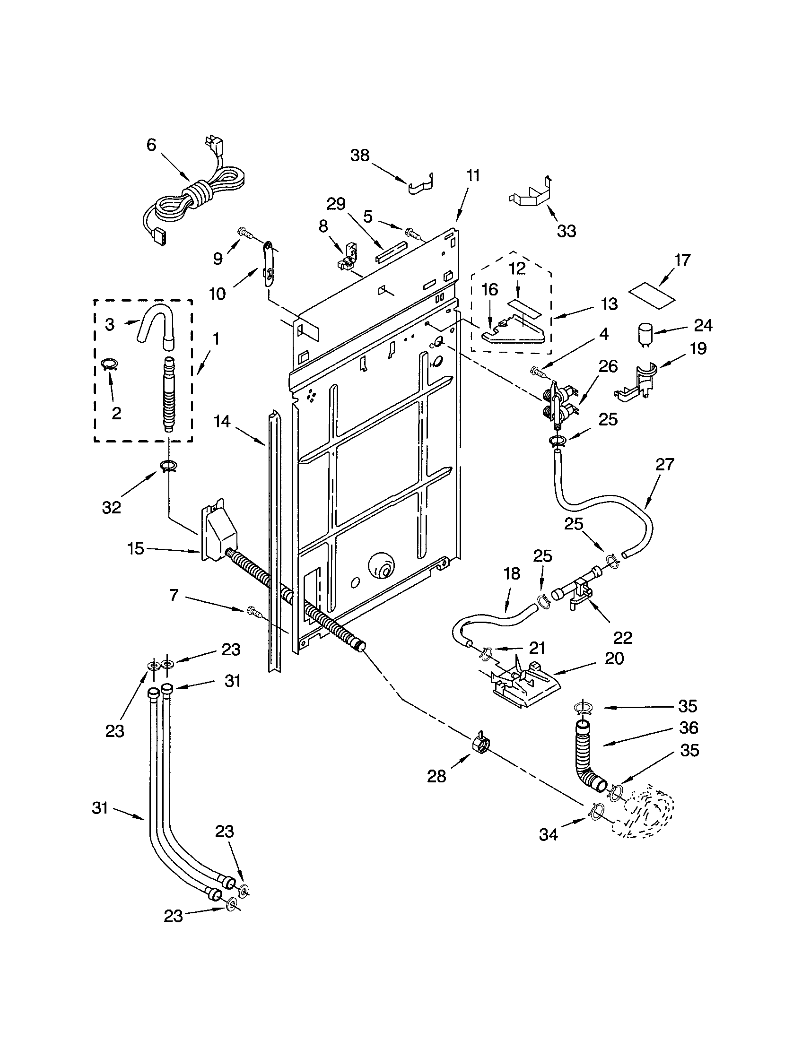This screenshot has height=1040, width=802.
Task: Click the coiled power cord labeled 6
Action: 200,195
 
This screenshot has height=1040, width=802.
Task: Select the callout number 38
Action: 360,155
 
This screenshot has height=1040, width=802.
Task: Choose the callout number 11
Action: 472,176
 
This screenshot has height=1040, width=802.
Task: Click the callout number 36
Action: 688,728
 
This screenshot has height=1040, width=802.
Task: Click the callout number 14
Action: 222,421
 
